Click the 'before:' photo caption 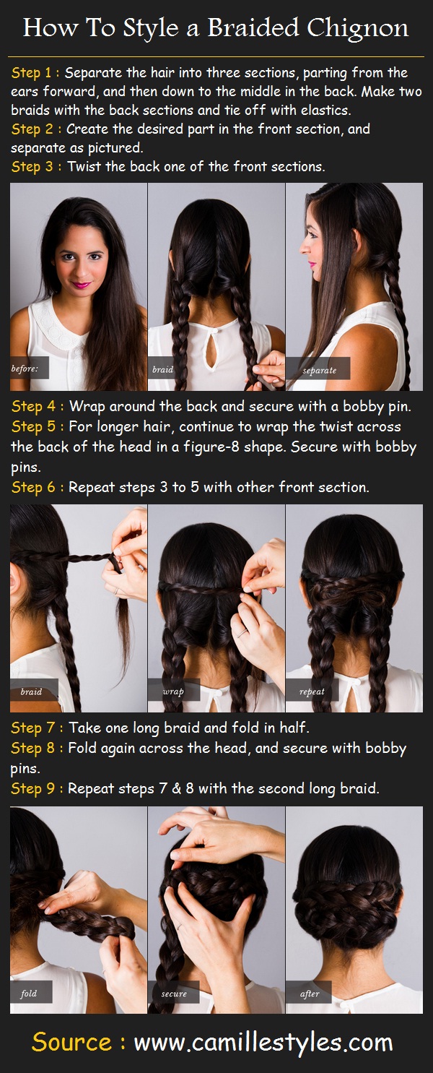pos(25,369)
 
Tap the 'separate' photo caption pos(319,370)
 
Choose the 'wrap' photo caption pos(173,691)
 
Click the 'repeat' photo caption pos(312,691)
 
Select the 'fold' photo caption pos(29,994)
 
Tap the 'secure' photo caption pos(174,994)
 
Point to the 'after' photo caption pos(310,994)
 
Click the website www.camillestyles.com pos(263,1043)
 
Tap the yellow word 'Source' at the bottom pos(71,1043)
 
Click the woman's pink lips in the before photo pos(82,285)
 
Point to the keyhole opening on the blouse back pos(213,352)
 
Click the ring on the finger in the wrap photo pos(242,633)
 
